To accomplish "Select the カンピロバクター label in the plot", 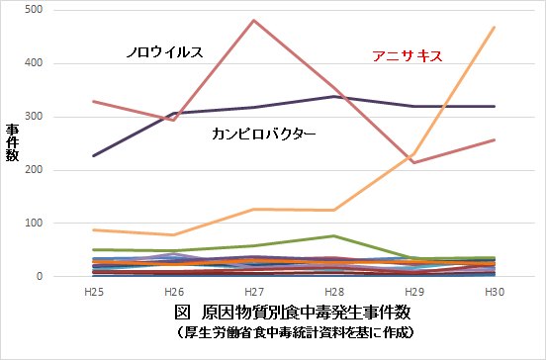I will [x=264, y=132].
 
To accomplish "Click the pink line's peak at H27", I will [x=255, y=21].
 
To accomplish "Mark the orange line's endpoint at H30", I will [x=494, y=28].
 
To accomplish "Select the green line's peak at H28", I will [x=334, y=236].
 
